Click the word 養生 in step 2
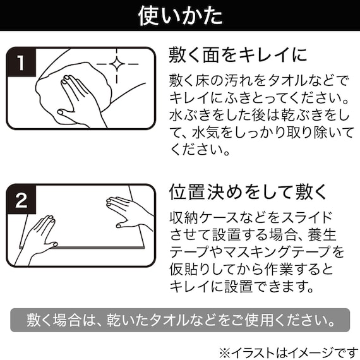pyautogui.click(x=323, y=235)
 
